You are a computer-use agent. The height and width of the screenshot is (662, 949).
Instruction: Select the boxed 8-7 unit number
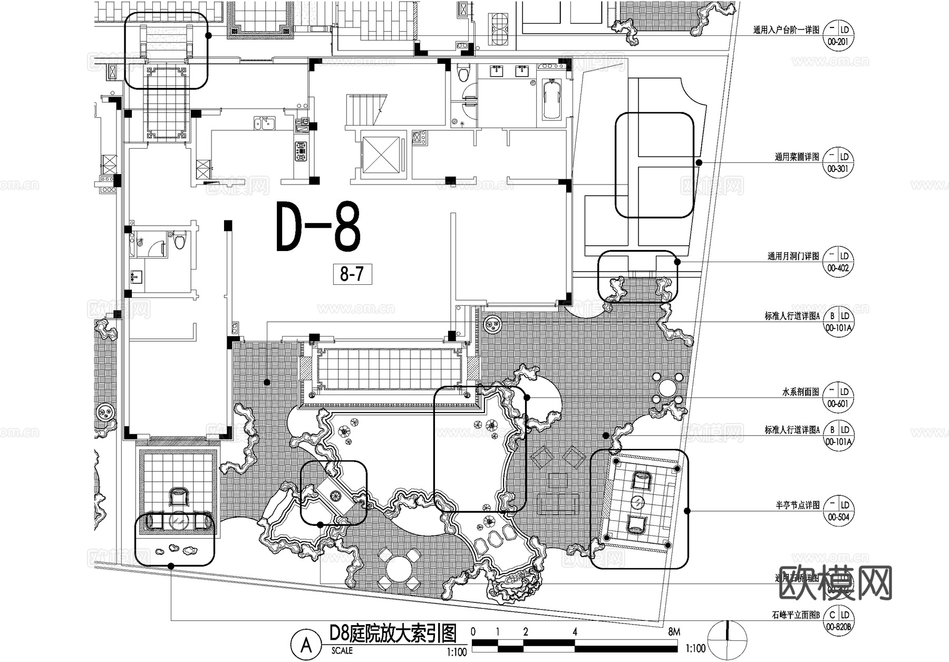[352, 274]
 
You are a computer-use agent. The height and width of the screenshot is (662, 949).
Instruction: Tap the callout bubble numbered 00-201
[838, 36]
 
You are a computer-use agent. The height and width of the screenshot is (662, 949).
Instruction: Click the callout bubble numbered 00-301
[838, 162]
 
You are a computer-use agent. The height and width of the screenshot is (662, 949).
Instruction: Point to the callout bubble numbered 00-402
[838, 262]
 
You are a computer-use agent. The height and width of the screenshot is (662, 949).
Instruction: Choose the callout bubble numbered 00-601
[838, 398]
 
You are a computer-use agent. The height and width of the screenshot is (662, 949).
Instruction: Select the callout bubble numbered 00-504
[838, 511]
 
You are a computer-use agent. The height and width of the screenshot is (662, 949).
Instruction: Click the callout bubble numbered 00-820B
[838, 620]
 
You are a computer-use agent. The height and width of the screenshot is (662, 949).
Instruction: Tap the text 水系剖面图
[800, 392]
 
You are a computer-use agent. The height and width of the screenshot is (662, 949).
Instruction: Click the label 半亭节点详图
[797, 505]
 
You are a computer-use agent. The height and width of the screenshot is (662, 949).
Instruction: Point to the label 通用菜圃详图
[797, 157]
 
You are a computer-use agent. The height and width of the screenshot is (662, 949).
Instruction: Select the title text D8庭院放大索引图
[392, 632]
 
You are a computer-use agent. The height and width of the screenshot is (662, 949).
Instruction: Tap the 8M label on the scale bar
[673, 632]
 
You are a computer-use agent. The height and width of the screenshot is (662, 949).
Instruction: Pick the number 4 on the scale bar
[575, 632]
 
